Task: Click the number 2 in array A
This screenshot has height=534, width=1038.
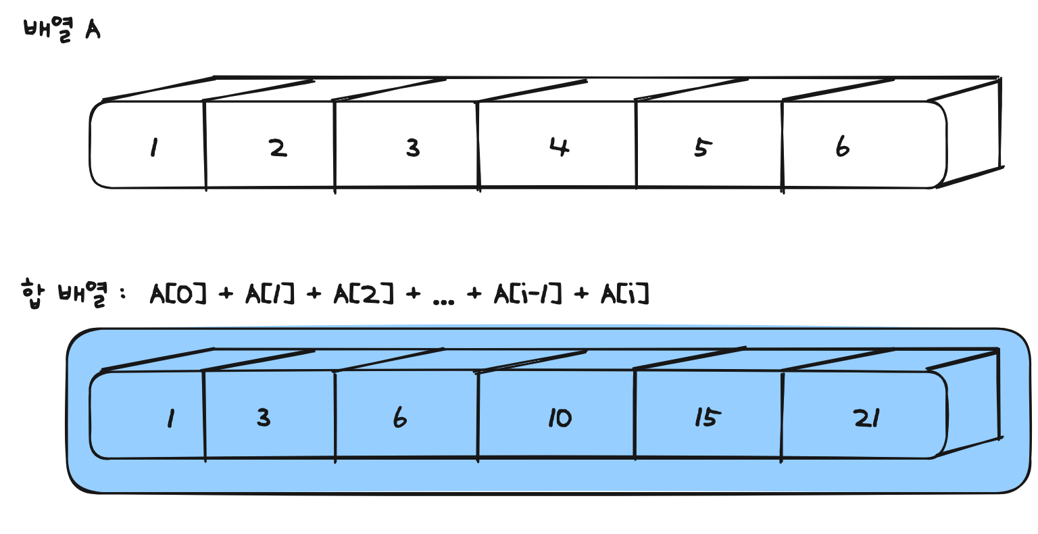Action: click(278, 147)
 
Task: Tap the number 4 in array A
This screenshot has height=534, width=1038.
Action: click(559, 147)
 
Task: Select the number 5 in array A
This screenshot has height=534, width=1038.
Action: click(702, 147)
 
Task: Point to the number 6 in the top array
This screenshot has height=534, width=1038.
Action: click(842, 146)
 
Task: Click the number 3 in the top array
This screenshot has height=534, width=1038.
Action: click(413, 147)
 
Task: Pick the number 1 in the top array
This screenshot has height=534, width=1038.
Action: click(154, 147)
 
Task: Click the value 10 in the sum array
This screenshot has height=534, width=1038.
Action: click(560, 418)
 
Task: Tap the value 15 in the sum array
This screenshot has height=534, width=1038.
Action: click(705, 418)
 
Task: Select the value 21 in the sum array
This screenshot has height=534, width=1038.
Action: click(866, 418)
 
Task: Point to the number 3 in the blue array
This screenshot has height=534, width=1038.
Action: click(264, 418)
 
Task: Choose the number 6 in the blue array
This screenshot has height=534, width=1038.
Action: click(400, 418)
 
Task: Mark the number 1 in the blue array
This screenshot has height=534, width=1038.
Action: click(170, 419)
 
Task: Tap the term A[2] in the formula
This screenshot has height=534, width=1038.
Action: click(364, 294)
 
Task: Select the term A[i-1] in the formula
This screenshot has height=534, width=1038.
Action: click(528, 294)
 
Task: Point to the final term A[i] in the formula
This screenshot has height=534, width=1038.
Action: click(625, 294)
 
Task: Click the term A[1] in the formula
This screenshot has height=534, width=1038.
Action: click(270, 294)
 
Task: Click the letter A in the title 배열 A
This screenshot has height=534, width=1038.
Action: click(93, 30)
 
